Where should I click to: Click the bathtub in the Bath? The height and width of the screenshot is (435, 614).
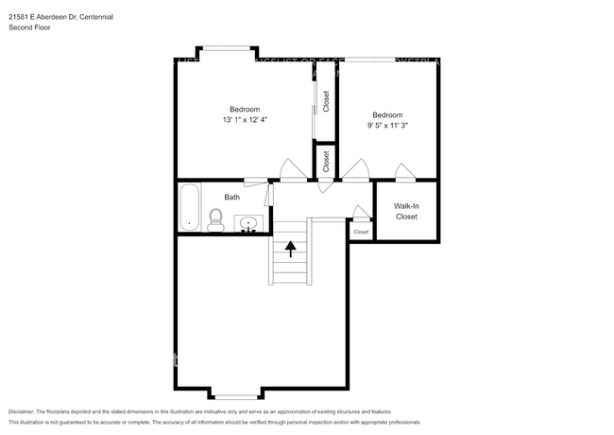point(189,207)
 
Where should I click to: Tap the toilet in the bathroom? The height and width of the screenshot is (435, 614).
point(215,223)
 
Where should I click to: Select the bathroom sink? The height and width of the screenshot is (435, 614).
point(249,224)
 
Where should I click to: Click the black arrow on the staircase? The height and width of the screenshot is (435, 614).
point(291,248)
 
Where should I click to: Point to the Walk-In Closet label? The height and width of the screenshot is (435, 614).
point(406,210)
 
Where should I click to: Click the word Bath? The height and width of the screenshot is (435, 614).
point(231,197)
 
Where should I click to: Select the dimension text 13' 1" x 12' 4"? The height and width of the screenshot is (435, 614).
point(245,120)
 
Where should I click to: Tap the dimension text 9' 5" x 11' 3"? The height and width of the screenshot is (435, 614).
point(388,124)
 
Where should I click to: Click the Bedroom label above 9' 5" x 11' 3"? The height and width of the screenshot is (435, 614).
point(388,113)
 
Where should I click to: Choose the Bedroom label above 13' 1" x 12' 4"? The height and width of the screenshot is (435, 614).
point(245,109)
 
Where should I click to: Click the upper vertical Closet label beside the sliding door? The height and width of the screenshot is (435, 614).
point(326,102)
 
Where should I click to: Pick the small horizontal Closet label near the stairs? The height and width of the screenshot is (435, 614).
point(361,232)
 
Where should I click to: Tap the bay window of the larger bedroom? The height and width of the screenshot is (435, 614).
point(225,48)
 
